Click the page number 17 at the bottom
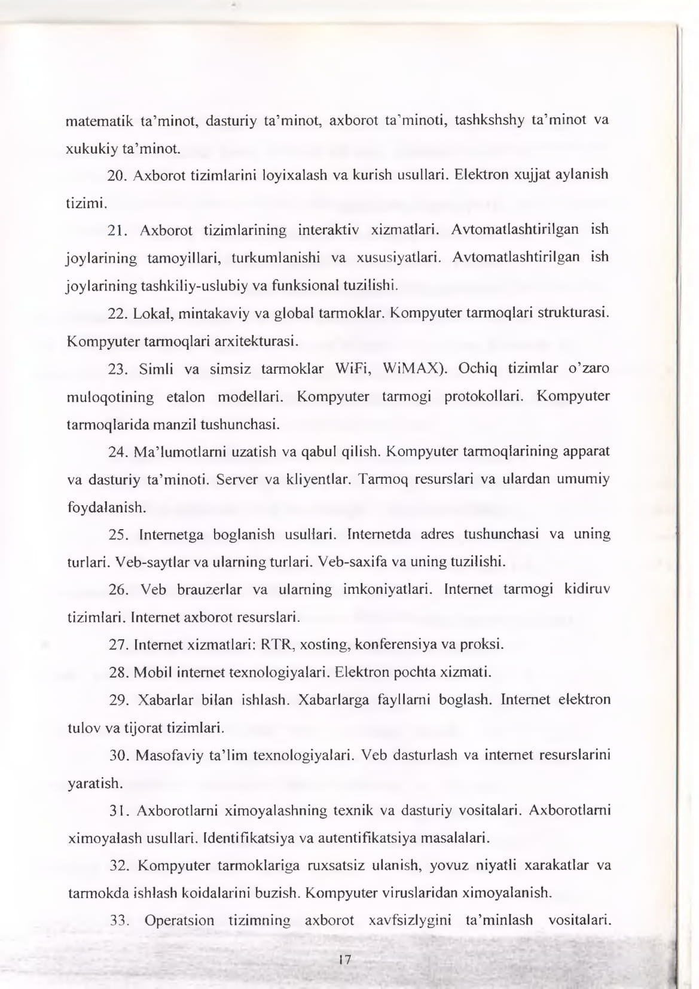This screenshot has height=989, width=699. pos(344,960)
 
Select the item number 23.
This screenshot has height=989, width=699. pos(118,369)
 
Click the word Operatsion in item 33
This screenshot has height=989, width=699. pos(179,920)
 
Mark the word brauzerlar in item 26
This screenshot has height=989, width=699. pos(209,590)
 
